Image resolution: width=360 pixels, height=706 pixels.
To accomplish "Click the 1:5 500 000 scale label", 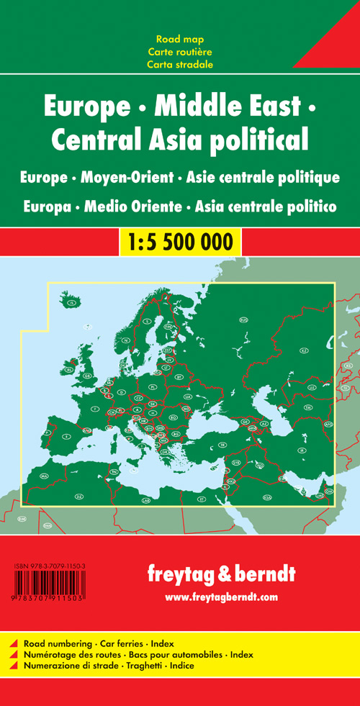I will coord(180,241).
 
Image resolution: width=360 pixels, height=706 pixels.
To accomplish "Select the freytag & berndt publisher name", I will coord(221,574).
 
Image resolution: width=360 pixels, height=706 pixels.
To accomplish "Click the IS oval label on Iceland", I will coord(71,304).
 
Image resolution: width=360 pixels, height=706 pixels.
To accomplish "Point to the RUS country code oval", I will coord(243,319).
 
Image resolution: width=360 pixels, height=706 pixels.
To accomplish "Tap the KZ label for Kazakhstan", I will coord(304,350).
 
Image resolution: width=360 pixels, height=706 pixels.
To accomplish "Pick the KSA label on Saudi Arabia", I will coord(268,497).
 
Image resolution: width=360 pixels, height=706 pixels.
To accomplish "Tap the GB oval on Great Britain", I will coord(87,375).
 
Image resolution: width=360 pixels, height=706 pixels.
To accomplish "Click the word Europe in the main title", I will coord(78,107).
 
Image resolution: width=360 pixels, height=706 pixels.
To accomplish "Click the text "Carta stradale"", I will coord(180,64).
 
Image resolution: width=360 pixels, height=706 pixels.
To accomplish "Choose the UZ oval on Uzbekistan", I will coord(312,387).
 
